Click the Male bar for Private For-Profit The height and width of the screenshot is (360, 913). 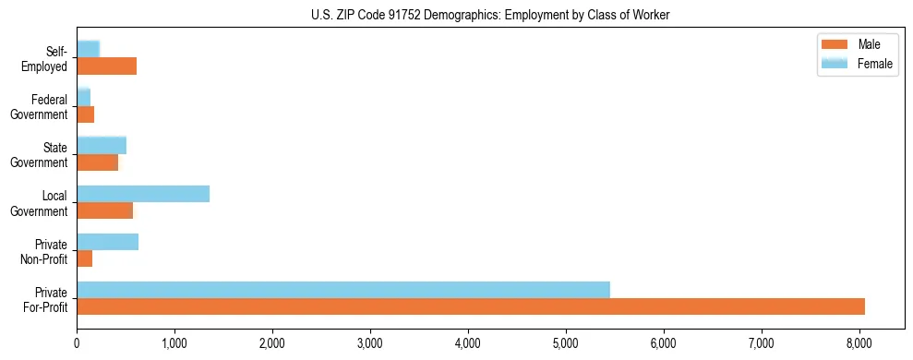pos(470,306)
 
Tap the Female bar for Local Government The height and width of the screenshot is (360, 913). pos(142,194)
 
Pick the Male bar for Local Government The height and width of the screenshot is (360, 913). pos(104,210)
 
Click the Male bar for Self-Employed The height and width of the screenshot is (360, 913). pos(106,66)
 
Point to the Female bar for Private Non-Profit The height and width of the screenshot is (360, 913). pos(107,242)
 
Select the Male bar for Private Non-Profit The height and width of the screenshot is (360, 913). pos(84,258)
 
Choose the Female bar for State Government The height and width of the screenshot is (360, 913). pos(101,145)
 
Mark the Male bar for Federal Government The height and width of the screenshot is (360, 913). pos(85,114)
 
